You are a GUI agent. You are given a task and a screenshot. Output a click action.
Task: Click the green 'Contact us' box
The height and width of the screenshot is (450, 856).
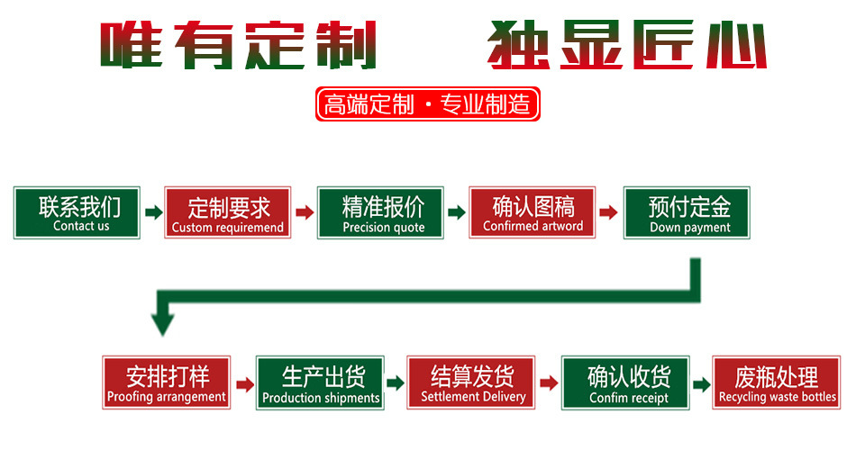(x=77, y=213)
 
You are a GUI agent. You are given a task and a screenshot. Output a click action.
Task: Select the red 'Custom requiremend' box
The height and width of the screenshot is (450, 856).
(x=228, y=213)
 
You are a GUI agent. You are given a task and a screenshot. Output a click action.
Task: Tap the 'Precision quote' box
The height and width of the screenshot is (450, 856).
(x=383, y=213)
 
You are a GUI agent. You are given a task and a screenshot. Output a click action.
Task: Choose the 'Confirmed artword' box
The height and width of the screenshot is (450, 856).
(x=533, y=213)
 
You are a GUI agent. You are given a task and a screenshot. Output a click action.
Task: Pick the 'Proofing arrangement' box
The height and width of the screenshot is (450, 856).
(x=167, y=383)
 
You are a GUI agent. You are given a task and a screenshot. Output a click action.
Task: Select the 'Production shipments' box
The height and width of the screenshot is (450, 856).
(x=321, y=383)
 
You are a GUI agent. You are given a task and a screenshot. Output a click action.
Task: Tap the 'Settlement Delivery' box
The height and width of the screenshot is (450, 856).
(x=472, y=383)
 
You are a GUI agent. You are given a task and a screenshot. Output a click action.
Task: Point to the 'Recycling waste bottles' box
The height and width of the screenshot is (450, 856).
(x=777, y=383)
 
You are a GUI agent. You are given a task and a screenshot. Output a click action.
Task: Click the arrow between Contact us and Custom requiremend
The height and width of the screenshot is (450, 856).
(x=153, y=213)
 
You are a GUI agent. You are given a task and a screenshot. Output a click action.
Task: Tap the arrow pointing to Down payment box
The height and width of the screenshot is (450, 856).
(x=609, y=213)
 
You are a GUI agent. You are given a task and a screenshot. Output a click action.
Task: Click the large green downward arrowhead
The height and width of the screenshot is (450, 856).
(x=163, y=320)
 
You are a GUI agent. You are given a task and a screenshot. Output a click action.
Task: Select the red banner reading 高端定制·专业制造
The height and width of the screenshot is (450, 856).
(x=428, y=105)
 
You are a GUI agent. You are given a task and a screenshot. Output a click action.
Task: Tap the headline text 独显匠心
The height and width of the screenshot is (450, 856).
(x=627, y=45)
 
